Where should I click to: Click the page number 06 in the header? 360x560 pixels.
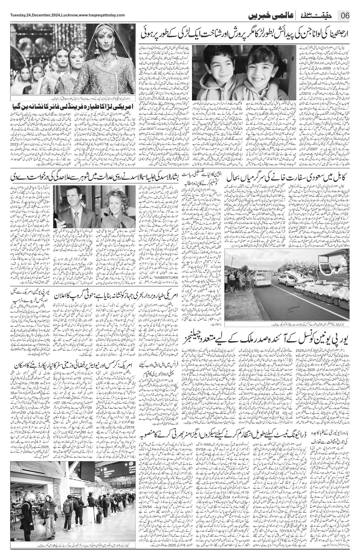coord(345,16)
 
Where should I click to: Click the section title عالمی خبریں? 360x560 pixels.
coord(269,16)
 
